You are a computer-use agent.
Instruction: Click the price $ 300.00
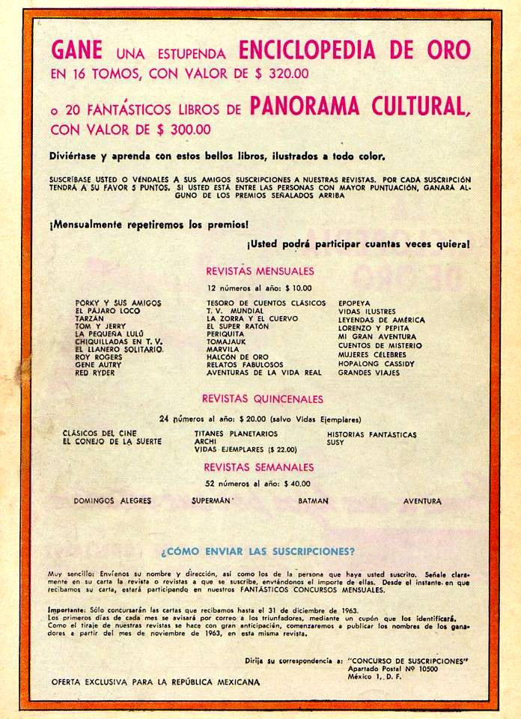pyautogui.click(x=179, y=129)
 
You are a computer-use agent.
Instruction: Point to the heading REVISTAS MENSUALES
pyautogui.click(x=260, y=271)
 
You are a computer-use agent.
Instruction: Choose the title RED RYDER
pyautogui.click(x=95, y=372)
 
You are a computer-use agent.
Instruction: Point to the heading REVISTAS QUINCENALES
pyautogui.click(x=262, y=399)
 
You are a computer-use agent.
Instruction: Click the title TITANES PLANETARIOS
pyautogui.click(x=236, y=434)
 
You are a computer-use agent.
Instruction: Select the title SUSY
pyautogui.click(x=335, y=443)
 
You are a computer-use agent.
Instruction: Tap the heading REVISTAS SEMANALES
pyautogui.click(x=260, y=467)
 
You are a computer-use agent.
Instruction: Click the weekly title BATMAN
pyautogui.click(x=313, y=500)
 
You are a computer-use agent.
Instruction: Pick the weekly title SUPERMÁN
pyautogui.click(x=212, y=500)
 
